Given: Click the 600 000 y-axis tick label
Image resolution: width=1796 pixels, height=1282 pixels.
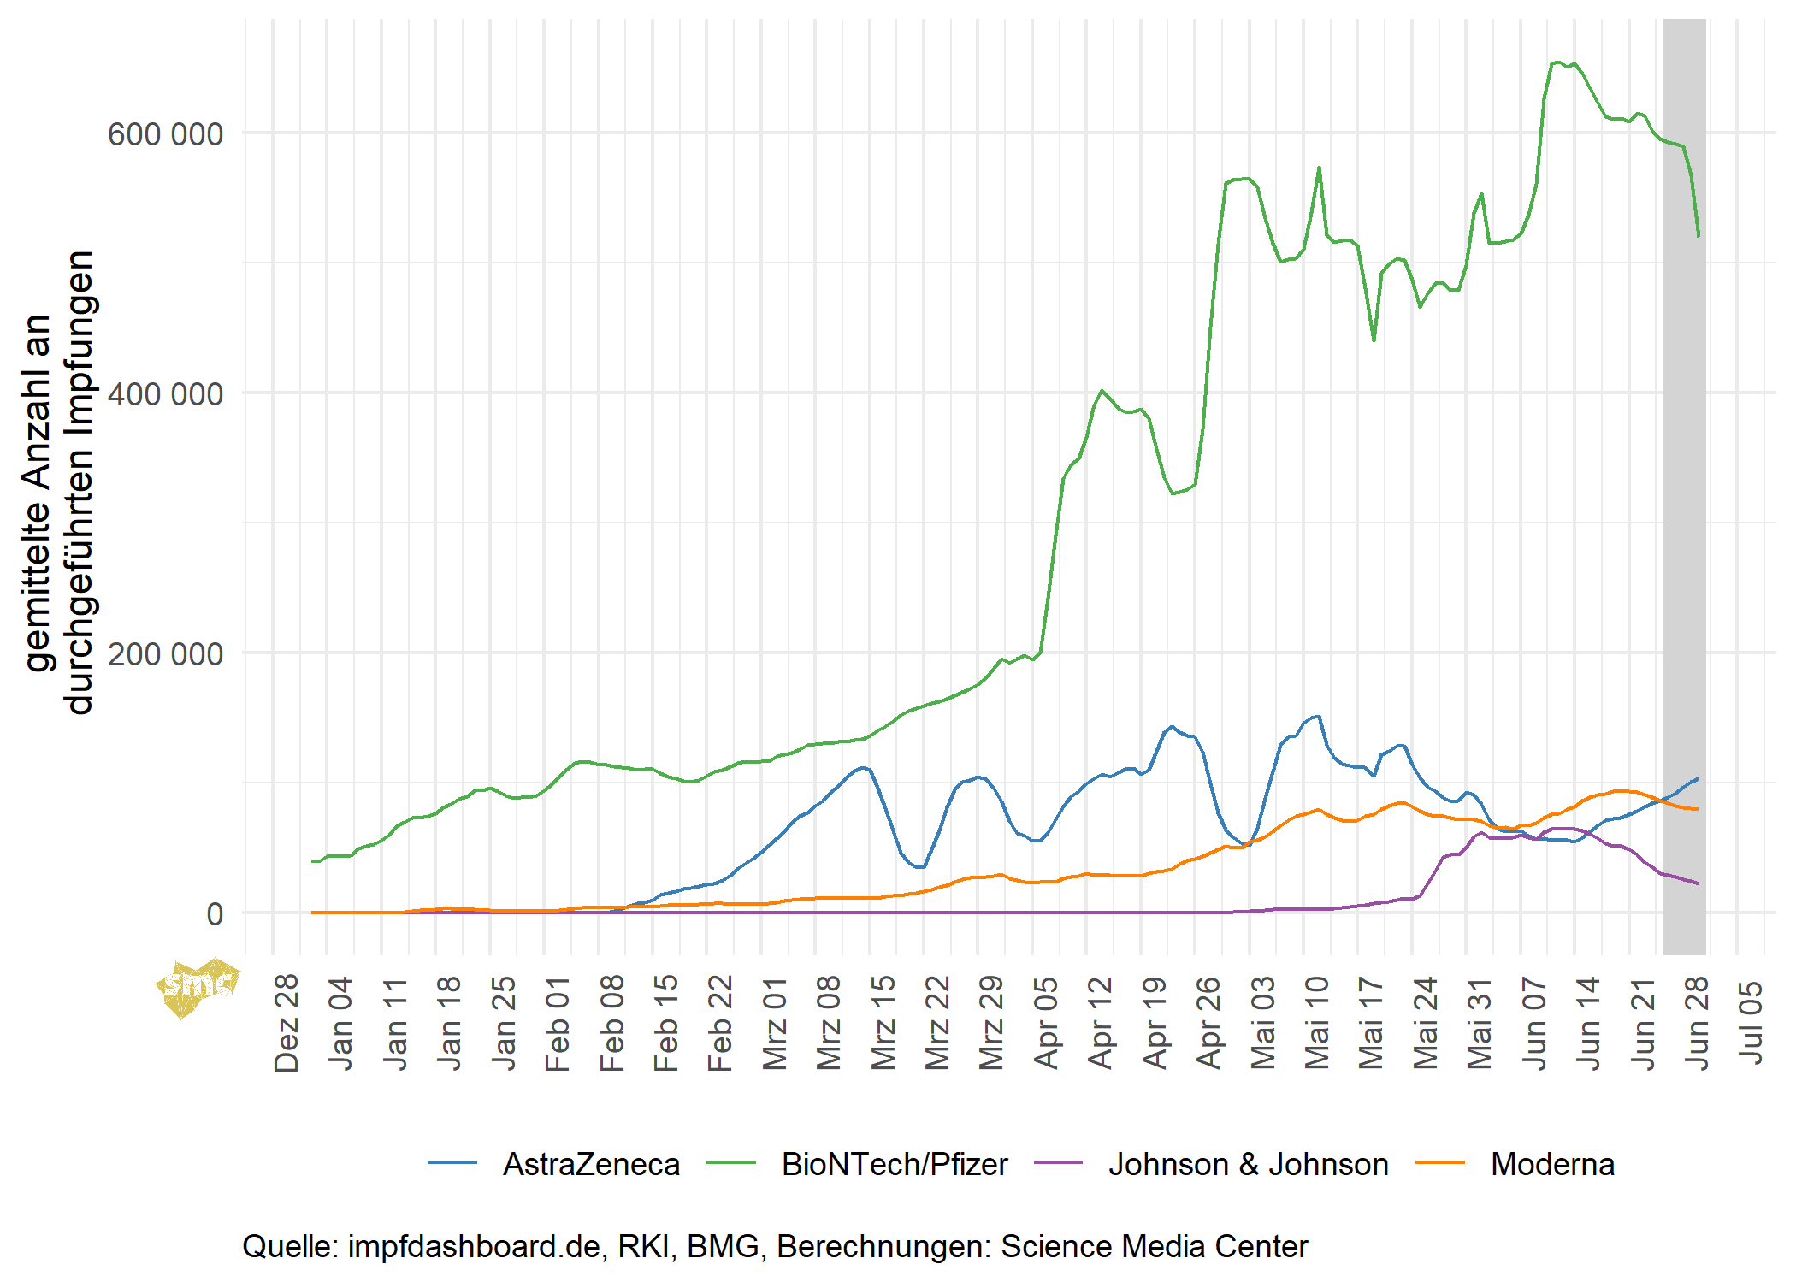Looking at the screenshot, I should click(x=164, y=134).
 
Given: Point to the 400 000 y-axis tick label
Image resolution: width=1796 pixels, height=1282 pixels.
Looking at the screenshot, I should click(x=164, y=394).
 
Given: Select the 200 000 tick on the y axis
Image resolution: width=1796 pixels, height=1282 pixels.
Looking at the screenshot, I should click(x=164, y=654).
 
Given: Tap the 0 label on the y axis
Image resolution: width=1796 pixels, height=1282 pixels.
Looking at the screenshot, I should click(x=214, y=914).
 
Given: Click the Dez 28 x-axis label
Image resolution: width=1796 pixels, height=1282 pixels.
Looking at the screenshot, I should click(x=287, y=1022).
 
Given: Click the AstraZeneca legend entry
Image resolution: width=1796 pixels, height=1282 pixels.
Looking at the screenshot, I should click(x=590, y=1164).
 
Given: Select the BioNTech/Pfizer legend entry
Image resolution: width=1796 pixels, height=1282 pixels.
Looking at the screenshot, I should click(x=895, y=1164).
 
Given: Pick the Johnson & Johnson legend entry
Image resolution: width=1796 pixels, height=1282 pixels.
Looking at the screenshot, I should click(x=1248, y=1164).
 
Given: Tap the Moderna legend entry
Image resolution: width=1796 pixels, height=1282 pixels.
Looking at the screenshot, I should click(x=1552, y=1164).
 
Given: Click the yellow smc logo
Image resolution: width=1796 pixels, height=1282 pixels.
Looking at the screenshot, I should click(x=197, y=988).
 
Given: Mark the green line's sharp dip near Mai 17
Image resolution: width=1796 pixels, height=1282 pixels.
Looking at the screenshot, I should click(x=1374, y=340).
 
